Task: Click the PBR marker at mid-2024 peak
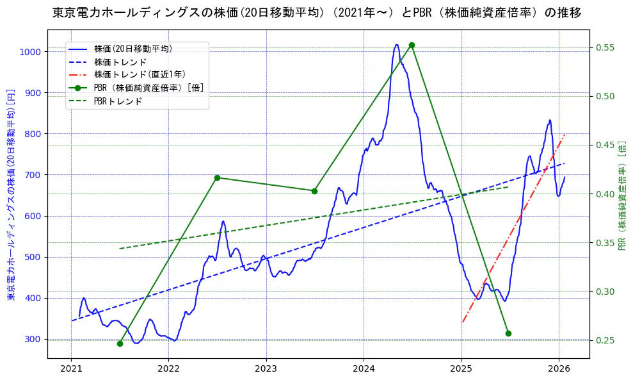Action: point(412,45)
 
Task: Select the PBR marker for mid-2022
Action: point(217,178)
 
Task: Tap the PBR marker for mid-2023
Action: point(314,191)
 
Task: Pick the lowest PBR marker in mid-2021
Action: point(120,343)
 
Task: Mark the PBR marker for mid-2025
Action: point(508,333)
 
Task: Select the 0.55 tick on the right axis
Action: point(605,48)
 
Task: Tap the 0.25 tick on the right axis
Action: point(605,340)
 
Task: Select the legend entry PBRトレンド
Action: point(118,101)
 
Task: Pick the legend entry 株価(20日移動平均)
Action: point(132,48)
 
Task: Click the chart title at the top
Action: point(316,13)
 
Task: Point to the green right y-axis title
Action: point(623,195)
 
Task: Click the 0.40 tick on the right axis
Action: point(605,194)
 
